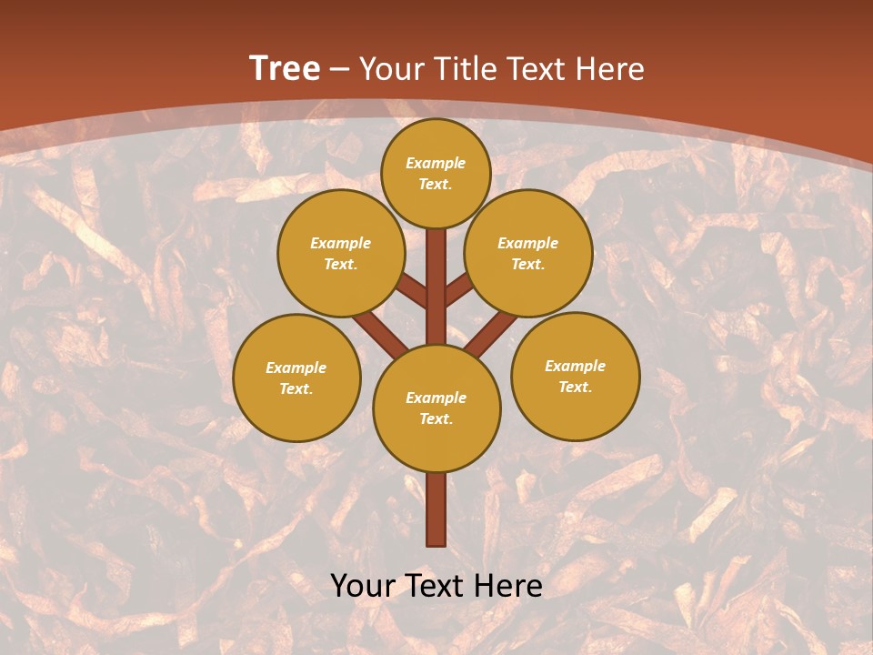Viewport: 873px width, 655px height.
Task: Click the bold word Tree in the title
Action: [285, 68]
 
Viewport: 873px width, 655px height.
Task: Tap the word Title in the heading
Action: [465, 68]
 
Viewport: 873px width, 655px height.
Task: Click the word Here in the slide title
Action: [610, 68]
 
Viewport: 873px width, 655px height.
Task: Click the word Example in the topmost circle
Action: [436, 163]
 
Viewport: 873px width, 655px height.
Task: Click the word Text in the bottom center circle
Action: [436, 418]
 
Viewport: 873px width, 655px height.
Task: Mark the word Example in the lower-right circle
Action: [575, 366]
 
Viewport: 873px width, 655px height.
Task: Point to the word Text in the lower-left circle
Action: [296, 388]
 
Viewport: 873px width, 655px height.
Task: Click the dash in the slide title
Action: [339, 69]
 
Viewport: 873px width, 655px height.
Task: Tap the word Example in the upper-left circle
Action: [341, 243]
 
